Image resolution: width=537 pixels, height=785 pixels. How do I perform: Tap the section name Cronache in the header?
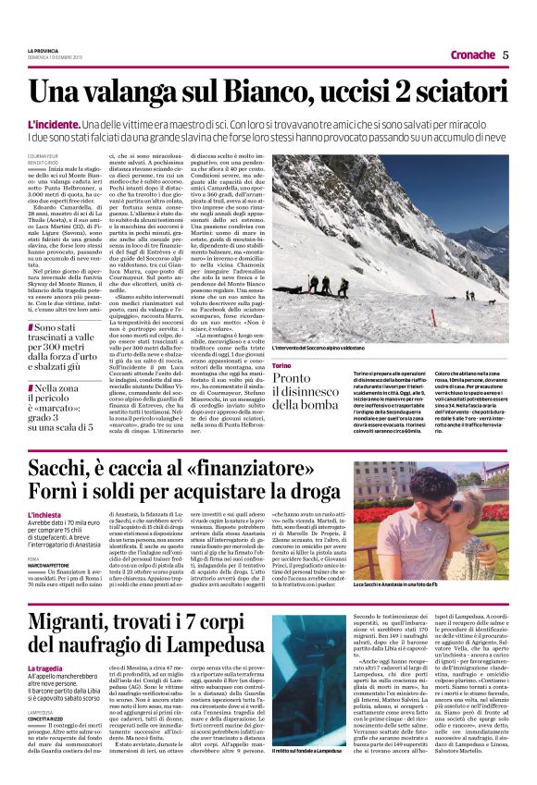click(x=472, y=55)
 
